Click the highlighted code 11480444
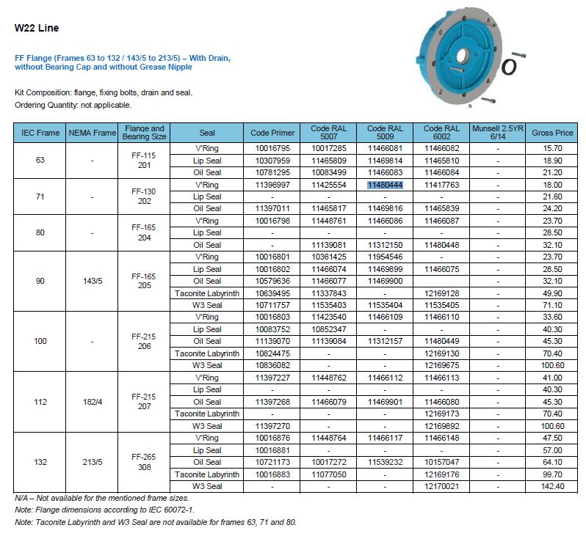[385, 185]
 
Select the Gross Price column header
[552, 133]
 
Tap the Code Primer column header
[272, 133]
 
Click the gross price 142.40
[552, 486]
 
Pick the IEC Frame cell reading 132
[41, 462]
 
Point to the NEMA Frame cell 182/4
[93, 402]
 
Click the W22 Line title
[37, 28]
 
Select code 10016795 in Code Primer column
[272, 148]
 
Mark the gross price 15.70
[552, 148]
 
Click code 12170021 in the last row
[441, 486]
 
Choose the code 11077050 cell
[328, 474]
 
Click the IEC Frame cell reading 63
[41, 160]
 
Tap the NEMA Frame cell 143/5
[93, 281]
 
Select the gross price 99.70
[552, 474]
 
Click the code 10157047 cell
[441, 462]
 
